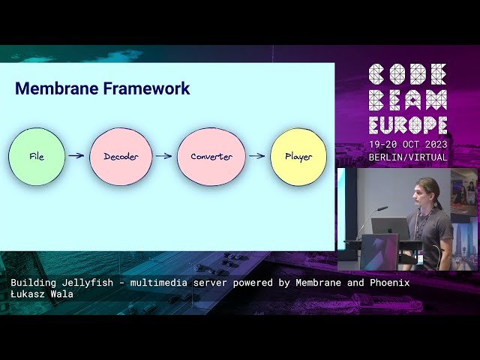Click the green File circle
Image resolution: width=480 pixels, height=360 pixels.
click(36, 157)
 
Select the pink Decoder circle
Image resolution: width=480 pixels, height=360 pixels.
click(121, 157)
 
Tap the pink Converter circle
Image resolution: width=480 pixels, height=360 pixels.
click(211, 157)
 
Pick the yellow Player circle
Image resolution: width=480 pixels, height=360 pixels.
click(298, 157)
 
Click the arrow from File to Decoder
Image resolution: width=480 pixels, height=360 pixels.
click(76, 156)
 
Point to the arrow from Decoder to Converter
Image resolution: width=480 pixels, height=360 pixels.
click(163, 156)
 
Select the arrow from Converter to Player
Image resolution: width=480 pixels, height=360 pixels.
click(256, 156)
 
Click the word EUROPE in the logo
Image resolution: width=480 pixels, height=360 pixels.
click(408, 124)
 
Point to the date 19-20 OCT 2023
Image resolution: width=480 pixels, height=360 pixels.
click(408, 144)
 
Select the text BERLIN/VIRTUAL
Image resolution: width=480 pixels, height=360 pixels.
click(408, 157)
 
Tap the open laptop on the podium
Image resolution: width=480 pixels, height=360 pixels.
click(390, 228)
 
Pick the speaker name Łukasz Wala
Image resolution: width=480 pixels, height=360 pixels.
click(42, 294)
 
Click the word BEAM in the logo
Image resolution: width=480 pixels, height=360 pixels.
click(408, 99)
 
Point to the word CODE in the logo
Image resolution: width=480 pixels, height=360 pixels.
click(408, 73)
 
